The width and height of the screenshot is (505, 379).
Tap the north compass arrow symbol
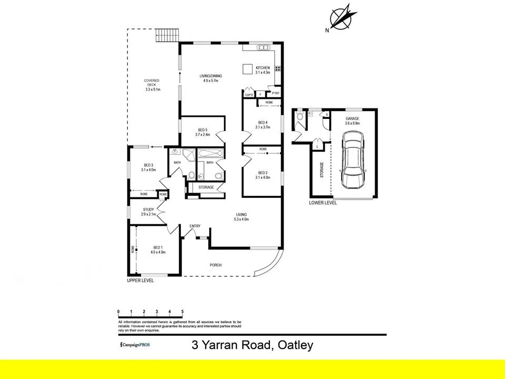click(x=341, y=17)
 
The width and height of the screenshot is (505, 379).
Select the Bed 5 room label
click(x=203, y=129)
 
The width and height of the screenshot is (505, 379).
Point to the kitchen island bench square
click(x=247, y=69)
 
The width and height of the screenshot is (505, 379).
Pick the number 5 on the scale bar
click(x=182, y=312)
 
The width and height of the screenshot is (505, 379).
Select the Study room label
click(x=148, y=210)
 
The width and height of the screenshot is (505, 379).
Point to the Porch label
click(x=215, y=265)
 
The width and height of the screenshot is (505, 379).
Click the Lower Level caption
click(x=323, y=203)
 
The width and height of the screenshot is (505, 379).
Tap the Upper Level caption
click(x=140, y=281)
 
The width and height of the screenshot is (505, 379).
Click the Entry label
click(x=195, y=226)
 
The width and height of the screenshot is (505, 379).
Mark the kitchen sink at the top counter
click(x=262, y=48)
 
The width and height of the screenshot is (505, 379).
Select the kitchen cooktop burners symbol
click(x=277, y=67)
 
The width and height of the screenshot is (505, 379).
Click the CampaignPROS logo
click(x=135, y=345)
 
